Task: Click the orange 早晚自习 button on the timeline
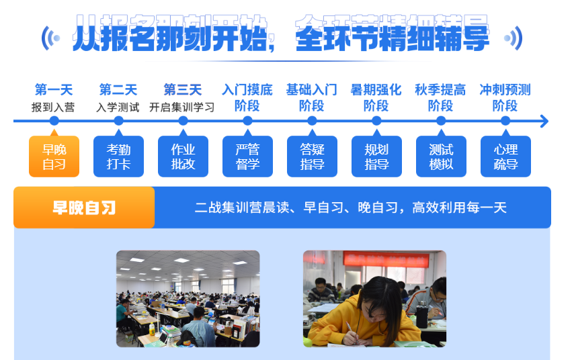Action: (54, 156)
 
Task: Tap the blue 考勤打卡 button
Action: (118, 156)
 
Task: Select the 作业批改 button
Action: (183, 156)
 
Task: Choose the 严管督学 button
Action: (247, 156)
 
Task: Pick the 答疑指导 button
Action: (312, 156)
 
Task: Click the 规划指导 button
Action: (376, 156)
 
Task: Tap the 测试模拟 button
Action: (441, 156)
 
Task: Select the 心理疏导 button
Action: (505, 156)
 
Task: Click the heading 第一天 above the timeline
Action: (54, 89)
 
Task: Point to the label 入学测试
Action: (118, 107)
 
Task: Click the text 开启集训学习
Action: (182, 107)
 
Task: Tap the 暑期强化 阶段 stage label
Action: (376, 97)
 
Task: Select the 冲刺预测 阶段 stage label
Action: (505, 97)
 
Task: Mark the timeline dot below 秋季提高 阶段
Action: (441, 121)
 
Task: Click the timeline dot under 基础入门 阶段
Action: (312, 121)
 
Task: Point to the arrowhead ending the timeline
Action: (544, 121)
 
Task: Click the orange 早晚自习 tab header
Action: (84, 208)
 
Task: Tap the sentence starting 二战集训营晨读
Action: (350, 208)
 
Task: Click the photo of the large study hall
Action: (188, 298)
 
